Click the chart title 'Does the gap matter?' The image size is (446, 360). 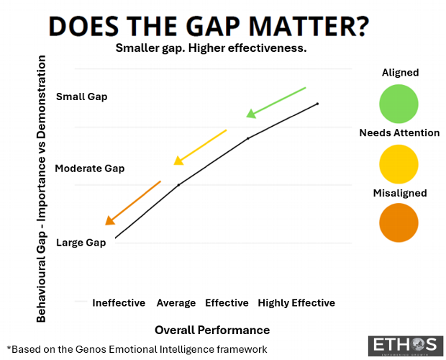209,26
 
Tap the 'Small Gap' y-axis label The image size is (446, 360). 81,96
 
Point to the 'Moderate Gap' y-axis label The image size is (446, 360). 89,168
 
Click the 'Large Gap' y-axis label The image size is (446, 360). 81,243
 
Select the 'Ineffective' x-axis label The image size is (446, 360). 119,303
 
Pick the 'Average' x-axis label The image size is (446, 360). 176,303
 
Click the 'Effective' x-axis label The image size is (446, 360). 227,303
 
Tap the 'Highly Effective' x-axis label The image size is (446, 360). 296,303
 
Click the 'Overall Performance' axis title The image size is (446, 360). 212,330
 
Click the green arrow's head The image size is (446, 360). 251,113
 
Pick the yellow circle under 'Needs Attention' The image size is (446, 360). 399,162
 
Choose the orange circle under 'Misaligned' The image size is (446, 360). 399,222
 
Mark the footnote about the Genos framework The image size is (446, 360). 137,348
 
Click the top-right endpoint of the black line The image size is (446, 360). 317,104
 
